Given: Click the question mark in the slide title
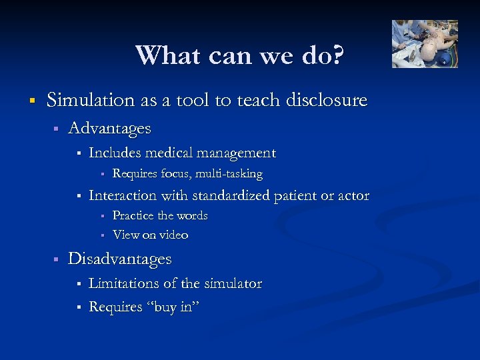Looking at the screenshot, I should [x=338, y=55].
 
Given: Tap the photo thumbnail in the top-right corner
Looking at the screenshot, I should [x=425, y=43].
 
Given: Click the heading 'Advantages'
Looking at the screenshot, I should [x=109, y=128].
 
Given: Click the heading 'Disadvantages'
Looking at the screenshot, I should [x=120, y=259].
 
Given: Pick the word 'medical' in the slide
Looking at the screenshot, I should [x=171, y=153].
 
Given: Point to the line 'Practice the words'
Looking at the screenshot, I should [x=160, y=215].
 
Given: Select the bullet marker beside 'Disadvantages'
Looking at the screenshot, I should [x=57, y=259].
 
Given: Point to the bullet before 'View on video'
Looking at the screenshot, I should [x=103, y=235].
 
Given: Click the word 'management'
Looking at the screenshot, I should [x=237, y=153].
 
